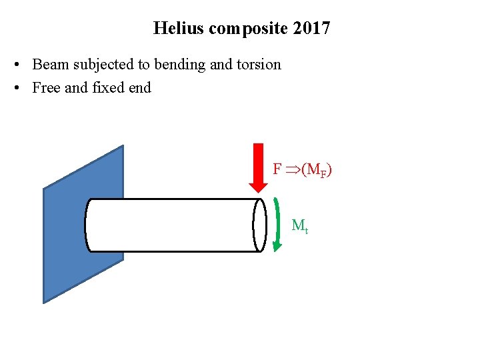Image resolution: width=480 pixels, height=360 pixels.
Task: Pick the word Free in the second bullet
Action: coord(46,87)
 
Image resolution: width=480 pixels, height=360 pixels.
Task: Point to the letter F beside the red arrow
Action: coord(277,169)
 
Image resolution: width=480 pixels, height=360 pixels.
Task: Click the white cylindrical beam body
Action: coord(173,225)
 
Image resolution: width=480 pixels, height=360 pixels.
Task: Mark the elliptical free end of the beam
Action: coord(259,225)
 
